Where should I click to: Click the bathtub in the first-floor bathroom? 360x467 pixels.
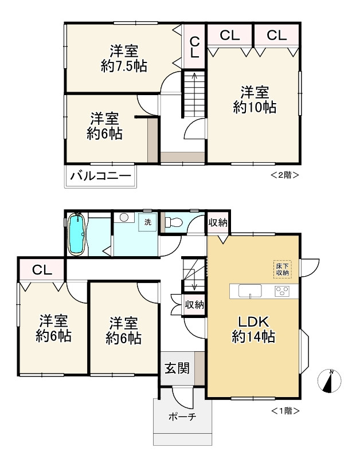[77, 234]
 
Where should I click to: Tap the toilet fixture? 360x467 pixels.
[174, 222]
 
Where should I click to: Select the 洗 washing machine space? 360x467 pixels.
[147, 222]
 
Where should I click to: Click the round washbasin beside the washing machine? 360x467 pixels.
[124, 217]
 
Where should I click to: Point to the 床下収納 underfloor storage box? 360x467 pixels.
[282, 269]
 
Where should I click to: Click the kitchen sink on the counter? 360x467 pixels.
[250, 291]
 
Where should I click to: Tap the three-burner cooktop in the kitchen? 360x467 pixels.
[282, 291]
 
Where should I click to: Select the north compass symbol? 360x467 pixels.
[329, 380]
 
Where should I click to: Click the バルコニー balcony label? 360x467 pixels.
[100, 176]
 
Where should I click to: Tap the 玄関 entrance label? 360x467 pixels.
[177, 368]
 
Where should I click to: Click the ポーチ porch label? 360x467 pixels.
[182, 417]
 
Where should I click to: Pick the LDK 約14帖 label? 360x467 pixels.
[253, 329]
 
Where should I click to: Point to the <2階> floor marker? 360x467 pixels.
[284, 175]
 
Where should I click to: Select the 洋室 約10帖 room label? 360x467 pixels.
[255, 100]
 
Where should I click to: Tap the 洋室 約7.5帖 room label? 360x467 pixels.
[124, 58]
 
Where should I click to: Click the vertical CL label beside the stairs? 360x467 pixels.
[194, 47]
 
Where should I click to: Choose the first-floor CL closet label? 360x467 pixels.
[42, 270]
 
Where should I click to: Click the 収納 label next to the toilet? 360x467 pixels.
[218, 222]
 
